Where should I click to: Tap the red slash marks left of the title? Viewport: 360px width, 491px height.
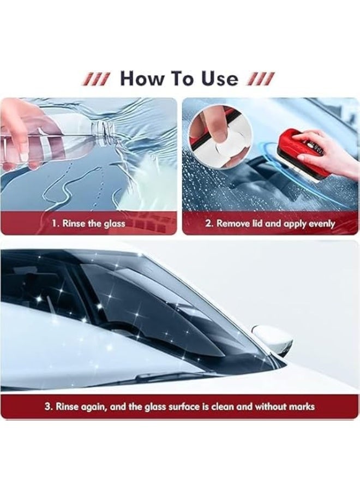click(x=96, y=79)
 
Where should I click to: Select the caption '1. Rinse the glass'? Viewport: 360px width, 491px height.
click(x=88, y=224)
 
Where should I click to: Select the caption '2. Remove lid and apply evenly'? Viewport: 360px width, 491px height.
click(x=271, y=224)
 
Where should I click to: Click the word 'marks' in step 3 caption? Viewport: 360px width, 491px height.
click(x=301, y=406)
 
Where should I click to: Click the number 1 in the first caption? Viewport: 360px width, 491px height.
click(x=53, y=224)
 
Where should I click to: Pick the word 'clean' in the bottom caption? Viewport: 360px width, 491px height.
click(x=222, y=406)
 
